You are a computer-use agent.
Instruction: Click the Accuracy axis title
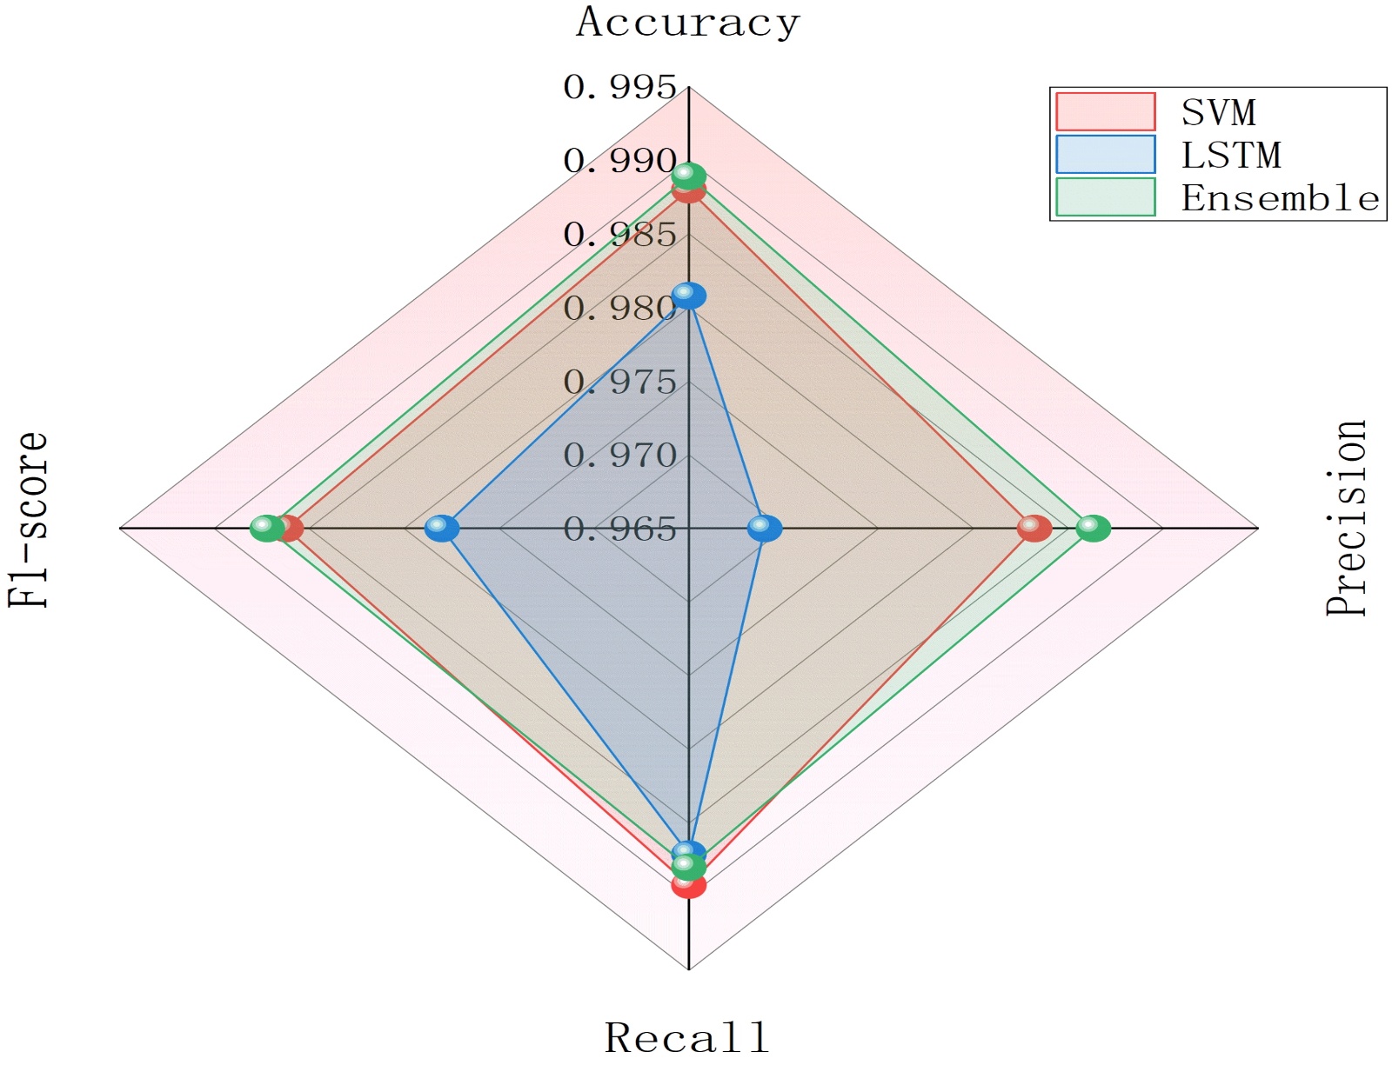pos(687,23)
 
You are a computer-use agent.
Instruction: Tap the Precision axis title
pos(1346,519)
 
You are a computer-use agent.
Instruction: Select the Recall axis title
pos(687,1037)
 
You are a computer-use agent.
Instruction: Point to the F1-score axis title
pos(29,520)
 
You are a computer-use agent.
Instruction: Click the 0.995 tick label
pos(619,87)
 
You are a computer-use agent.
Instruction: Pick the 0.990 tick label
pos(619,161)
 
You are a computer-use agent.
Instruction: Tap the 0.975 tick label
pos(619,382)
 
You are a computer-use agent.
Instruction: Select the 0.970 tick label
pos(619,455)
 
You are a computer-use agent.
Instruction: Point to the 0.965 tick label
pos(619,529)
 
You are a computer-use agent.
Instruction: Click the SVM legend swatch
pos(1105,112)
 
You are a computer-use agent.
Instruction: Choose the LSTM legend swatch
pos(1105,155)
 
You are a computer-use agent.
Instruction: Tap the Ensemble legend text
pos(1280,198)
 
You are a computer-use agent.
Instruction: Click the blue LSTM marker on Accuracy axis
pos(689,296)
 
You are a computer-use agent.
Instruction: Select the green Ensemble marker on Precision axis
pos(1094,528)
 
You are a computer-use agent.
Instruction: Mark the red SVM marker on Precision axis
pos(1034,528)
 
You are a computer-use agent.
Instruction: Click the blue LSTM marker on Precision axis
pos(765,528)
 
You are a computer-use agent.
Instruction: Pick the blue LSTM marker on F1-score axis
pos(442,528)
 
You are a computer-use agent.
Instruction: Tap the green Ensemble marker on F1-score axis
pos(266,528)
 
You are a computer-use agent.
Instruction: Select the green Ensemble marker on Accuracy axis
pos(689,176)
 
